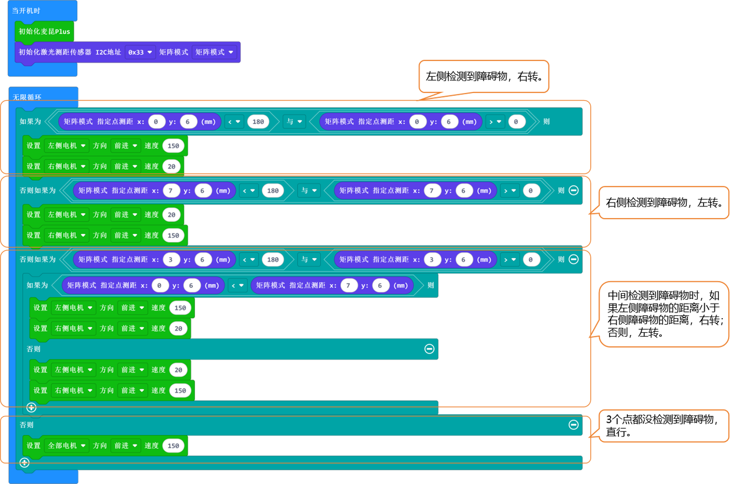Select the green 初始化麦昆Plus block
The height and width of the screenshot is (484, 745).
click(x=44, y=32)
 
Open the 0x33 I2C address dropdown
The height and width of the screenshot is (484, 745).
click(x=140, y=52)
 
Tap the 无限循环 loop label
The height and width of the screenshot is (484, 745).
click(x=27, y=97)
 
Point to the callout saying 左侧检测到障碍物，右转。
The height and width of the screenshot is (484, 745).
click(x=484, y=76)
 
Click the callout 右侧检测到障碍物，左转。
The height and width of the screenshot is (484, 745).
click(x=664, y=203)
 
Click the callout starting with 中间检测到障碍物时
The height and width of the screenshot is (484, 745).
click(x=664, y=319)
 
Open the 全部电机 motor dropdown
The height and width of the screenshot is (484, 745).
click(x=66, y=446)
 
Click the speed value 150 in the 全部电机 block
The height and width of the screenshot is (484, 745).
click(x=173, y=446)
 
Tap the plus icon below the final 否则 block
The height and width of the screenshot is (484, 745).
click(x=24, y=462)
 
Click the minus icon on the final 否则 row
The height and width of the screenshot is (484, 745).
click(x=573, y=425)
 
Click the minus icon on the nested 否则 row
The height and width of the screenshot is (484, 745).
click(x=429, y=349)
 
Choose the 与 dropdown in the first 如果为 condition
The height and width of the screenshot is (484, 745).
click(x=294, y=122)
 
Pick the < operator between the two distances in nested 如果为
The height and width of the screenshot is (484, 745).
click(x=237, y=286)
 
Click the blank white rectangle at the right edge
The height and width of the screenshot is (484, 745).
click(x=720, y=151)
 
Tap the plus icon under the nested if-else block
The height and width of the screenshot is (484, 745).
click(x=31, y=407)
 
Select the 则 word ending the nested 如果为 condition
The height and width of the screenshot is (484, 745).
click(x=430, y=286)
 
